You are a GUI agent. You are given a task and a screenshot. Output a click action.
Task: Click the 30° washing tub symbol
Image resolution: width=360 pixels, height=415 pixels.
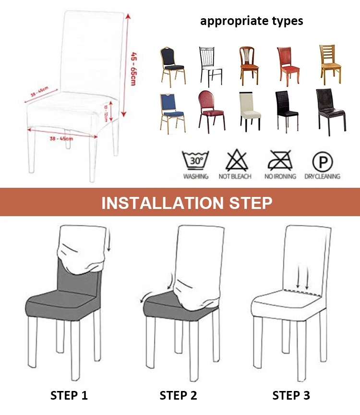195,160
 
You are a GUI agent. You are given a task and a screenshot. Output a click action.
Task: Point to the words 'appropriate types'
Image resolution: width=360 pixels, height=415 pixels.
252,21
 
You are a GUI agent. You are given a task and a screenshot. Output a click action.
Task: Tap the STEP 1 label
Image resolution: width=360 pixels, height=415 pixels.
69,395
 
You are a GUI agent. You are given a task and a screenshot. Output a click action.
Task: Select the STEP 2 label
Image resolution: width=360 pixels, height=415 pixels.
178,395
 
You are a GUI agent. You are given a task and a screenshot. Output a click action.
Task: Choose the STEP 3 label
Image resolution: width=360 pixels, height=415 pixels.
291,395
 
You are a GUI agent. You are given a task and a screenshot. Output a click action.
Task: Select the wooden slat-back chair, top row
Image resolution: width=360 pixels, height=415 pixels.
330,65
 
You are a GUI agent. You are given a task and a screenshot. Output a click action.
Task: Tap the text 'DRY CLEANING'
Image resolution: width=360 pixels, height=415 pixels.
322,176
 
